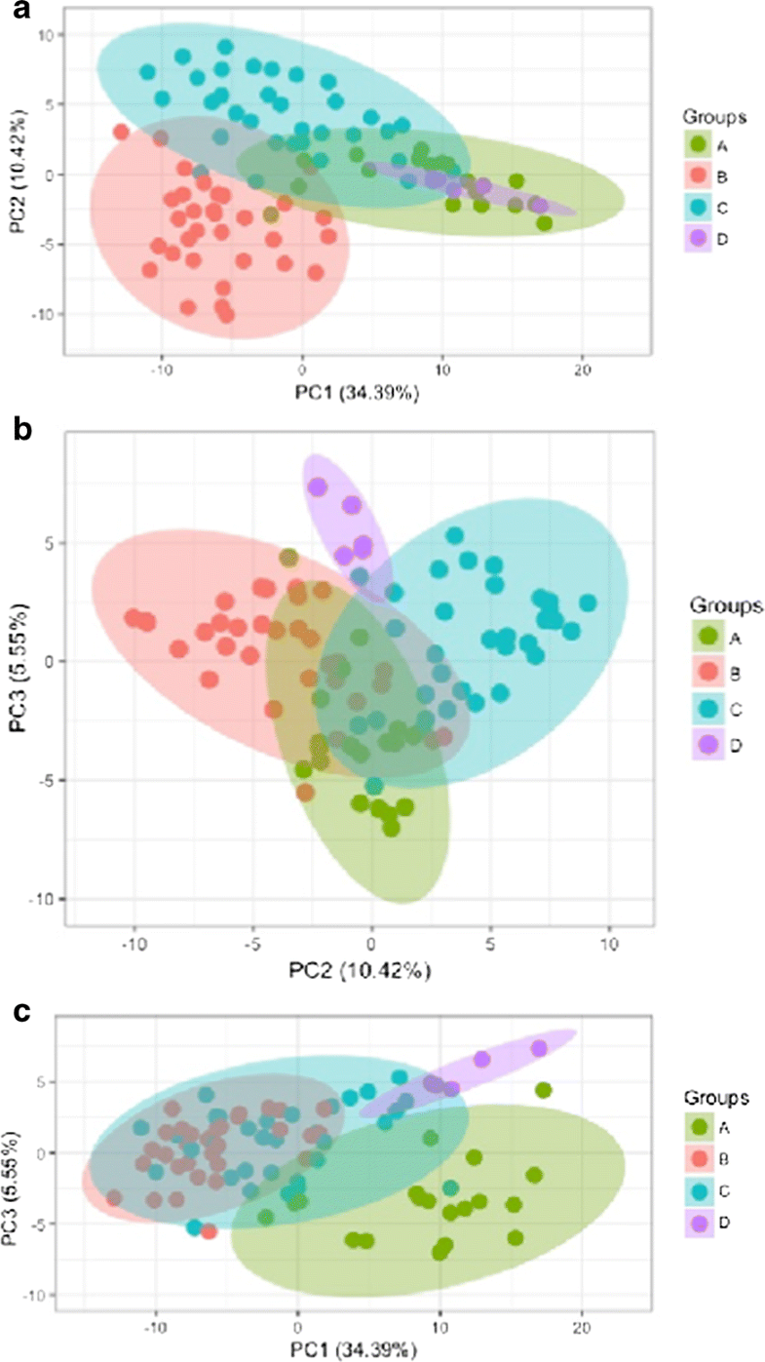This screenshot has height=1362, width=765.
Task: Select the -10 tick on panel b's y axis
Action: point(42,898)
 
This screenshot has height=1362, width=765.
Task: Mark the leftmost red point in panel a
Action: point(122,132)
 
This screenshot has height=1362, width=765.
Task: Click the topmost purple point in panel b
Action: point(317,486)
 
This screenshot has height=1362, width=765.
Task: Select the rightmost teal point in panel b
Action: point(588,603)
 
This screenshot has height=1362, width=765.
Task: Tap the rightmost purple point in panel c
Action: point(539,1048)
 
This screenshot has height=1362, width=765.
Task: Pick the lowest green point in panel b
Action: point(391,828)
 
